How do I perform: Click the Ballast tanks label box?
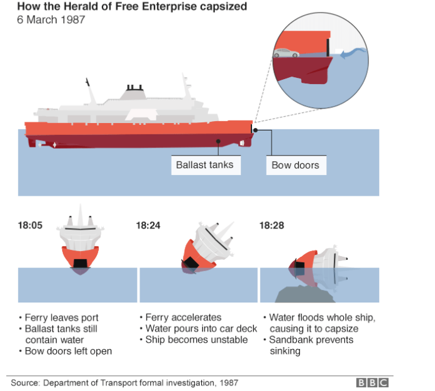click(x=205, y=165)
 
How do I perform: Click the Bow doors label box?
click(x=295, y=166)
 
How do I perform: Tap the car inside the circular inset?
click(x=286, y=53)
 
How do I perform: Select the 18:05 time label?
click(x=30, y=225)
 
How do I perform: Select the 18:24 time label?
click(x=148, y=225)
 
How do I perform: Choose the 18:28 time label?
click(x=272, y=225)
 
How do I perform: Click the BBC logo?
click(x=372, y=382)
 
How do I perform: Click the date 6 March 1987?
click(x=52, y=19)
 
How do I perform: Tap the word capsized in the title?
click(x=222, y=7)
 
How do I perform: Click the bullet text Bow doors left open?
click(x=68, y=351)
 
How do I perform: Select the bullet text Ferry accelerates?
click(x=183, y=318)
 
